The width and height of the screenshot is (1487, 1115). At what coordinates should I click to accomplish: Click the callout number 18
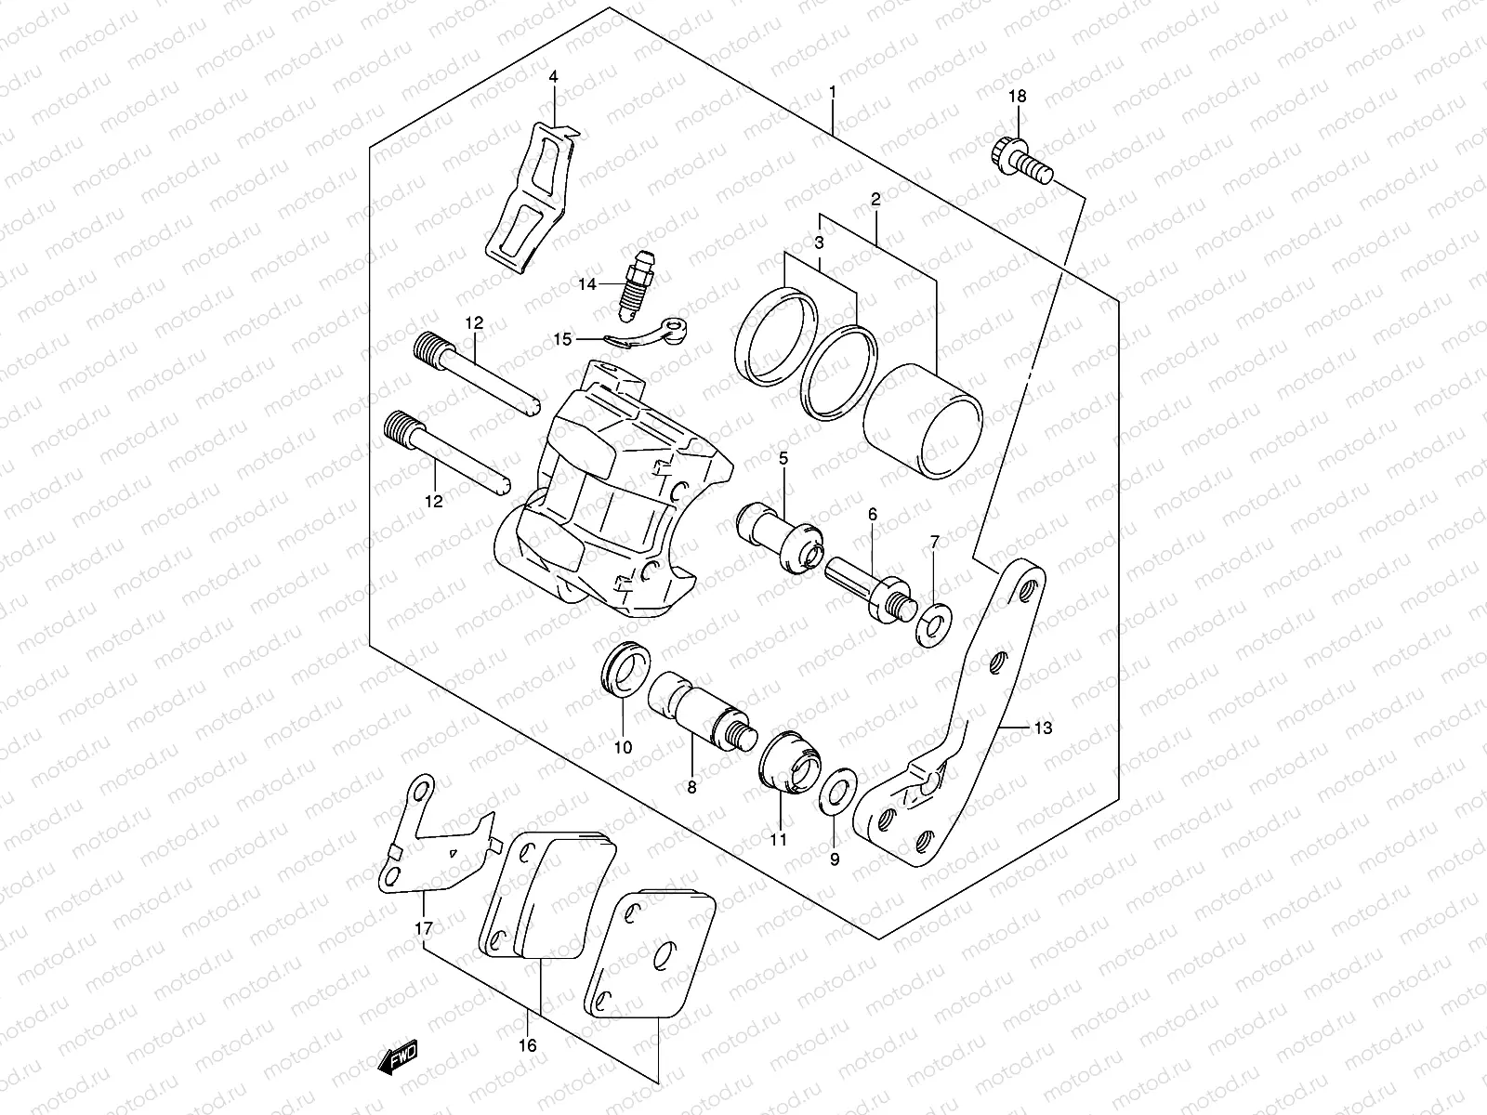pos(1018,97)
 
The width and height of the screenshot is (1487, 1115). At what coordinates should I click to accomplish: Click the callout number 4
pos(553,76)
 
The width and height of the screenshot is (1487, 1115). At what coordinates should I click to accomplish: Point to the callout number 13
pos(1043,728)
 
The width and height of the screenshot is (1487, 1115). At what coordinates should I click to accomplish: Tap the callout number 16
pos(527,1045)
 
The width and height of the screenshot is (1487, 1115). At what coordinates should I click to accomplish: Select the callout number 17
pos(424,928)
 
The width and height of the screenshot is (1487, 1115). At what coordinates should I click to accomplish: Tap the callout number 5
pos(783,457)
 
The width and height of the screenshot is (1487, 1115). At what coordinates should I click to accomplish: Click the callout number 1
pos(833,92)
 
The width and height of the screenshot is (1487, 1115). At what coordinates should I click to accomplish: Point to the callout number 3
pos(819,243)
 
